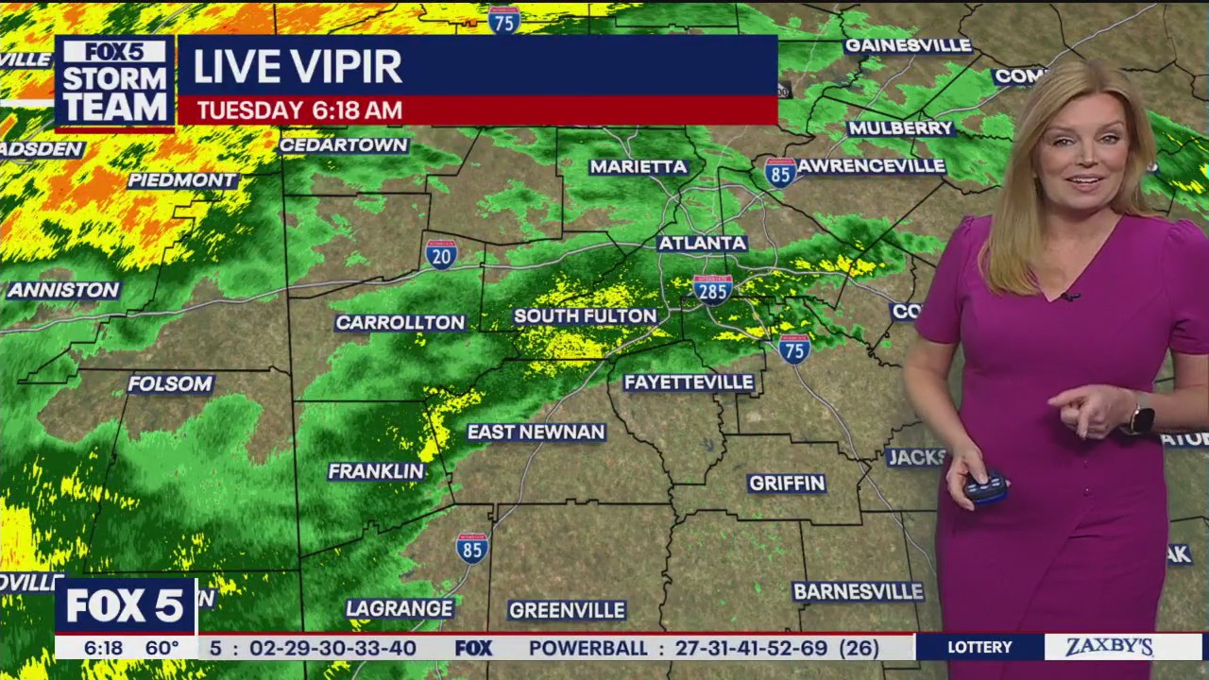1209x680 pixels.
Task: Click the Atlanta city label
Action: pyautogui.click(x=702, y=243)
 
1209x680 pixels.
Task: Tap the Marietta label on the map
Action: pyautogui.click(x=639, y=167)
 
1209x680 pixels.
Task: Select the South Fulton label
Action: pyautogui.click(x=585, y=316)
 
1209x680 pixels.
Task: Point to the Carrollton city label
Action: pyautogui.click(x=400, y=323)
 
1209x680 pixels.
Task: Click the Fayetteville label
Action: pyautogui.click(x=689, y=382)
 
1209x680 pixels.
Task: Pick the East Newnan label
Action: pyautogui.click(x=536, y=433)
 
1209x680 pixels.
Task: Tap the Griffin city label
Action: pyautogui.click(x=787, y=484)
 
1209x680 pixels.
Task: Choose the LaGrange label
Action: pyautogui.click(x=399, y=609)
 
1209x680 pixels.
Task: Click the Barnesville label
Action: pyautogui.click(x=858, y=592)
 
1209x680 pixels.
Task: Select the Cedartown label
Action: pyautogui.click(x=344, y=145)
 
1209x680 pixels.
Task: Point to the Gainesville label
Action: pyautogui.click(x=908, y=45)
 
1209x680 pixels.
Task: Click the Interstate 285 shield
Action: pyautogui.click(x=712, y=288)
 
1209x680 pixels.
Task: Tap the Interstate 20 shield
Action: pyautogui.click(x=441, y=254)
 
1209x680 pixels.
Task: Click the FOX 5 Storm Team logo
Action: pyautogui.click(x=115, y=82)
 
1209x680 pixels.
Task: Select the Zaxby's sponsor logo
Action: pyautogui.click(x=1109, y=648)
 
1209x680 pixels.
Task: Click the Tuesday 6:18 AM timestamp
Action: pyautogui.click(x=299, y=110)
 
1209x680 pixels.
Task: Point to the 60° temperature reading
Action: pyautogui.click(x=162, y=648)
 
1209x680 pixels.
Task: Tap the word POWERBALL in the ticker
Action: pyautogui.click(x=588, y=649)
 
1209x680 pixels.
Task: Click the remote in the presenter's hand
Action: pyautogui.click(x=985, y=487)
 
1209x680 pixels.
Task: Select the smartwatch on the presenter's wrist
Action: pyautogui.click(x=1141, y=417)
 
